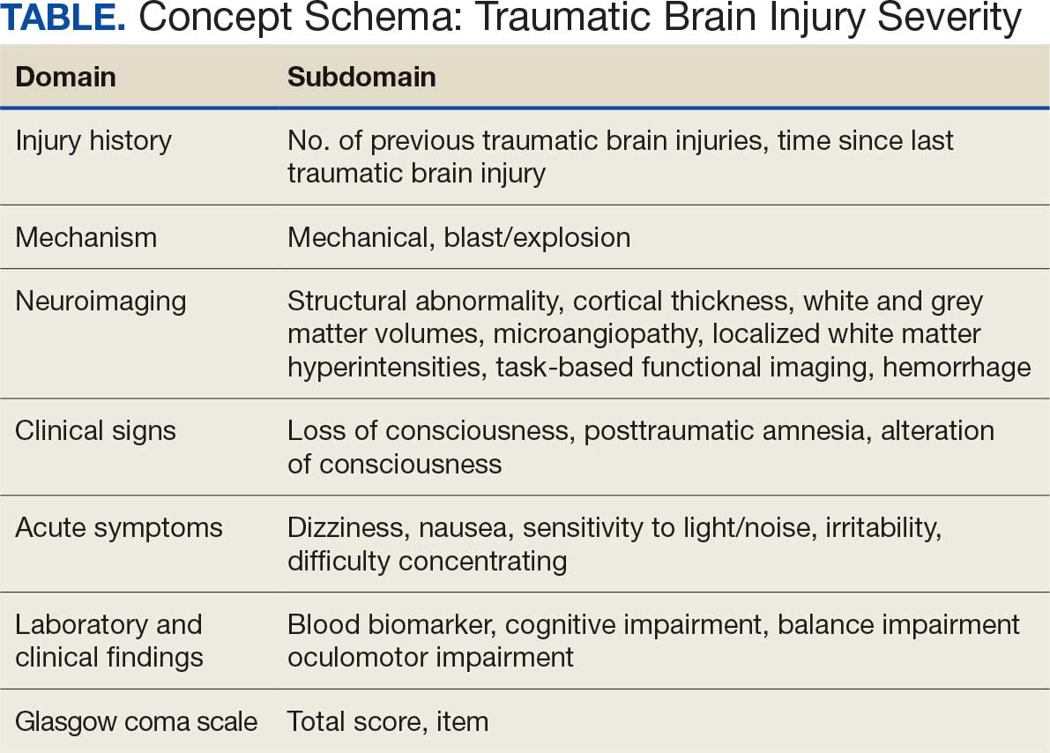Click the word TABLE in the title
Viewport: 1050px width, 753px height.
click(62, 19)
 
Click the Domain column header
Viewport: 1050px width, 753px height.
click(65, 77)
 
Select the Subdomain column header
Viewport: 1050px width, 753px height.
click(361, 77)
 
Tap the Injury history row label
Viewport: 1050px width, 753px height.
click(93, 141)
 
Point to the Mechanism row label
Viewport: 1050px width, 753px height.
click(86, 237)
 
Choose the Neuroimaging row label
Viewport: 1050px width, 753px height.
click(101, 301)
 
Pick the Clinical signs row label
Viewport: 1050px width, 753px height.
click(95, 430)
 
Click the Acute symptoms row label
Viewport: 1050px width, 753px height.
click(119, 527)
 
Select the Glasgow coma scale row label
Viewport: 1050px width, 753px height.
click(136, 721)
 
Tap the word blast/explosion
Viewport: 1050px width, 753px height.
click(531, 237)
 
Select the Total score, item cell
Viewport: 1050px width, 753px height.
click(388, 721)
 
